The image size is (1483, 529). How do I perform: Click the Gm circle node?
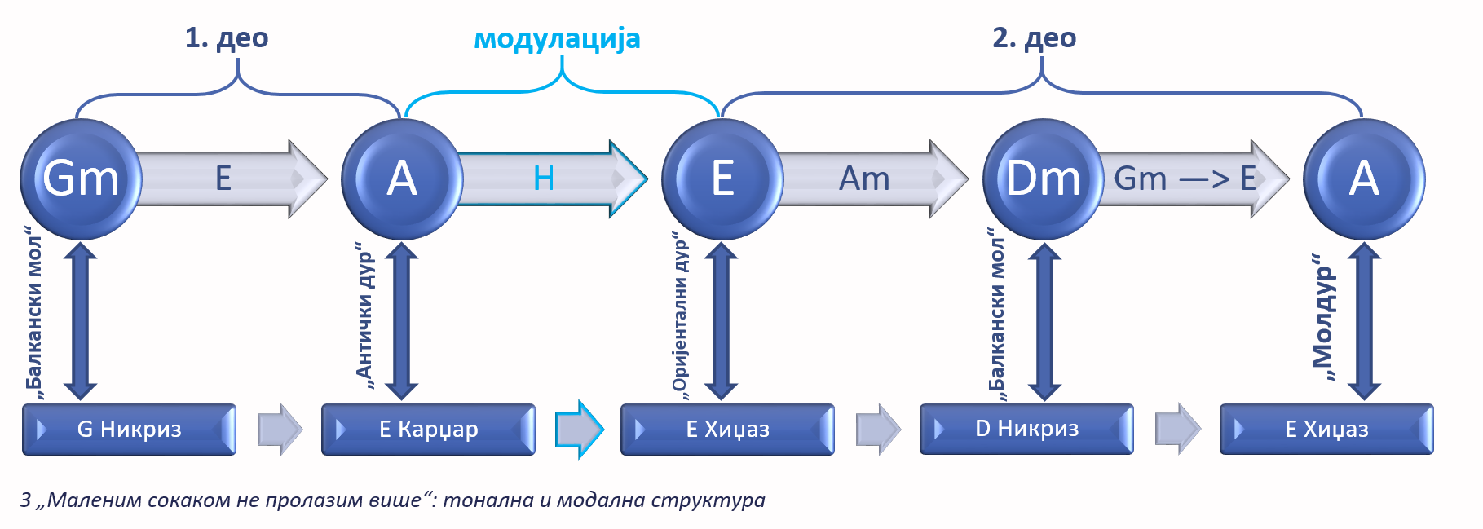click(81, 179)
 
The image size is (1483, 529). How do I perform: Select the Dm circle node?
click(1043, 179)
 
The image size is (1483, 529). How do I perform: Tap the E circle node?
click(722, 179)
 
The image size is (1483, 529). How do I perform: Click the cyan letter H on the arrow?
click(543, 179)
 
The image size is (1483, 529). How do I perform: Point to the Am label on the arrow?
click(864, 179)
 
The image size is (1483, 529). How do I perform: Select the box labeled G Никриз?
click(129, 429)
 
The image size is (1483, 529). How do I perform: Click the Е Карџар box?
click(428, 429)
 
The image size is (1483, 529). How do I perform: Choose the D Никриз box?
click(1026, 429)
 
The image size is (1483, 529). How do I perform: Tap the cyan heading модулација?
click(557, 38)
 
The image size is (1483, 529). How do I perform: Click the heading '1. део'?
click(226, 37)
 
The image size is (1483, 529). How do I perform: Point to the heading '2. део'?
click(1034, 37)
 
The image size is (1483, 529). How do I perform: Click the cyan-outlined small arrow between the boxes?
click(579, 429)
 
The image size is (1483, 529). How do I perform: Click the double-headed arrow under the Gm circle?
click(81, 321)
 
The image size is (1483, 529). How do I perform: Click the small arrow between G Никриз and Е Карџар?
click(280, 429)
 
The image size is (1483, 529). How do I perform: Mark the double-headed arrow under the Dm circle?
click(1044, 321)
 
